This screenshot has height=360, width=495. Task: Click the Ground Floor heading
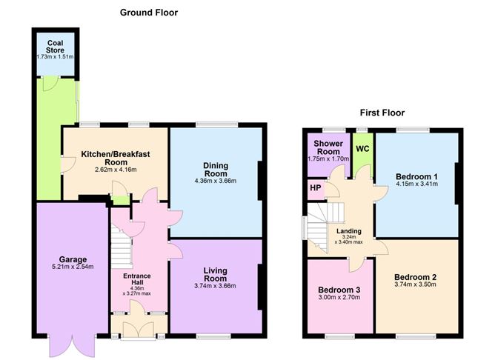pos(149,13)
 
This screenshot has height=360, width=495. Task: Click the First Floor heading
pos(382,113)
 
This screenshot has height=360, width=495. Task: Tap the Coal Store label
pos(56,47)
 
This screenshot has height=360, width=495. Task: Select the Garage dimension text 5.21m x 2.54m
pos(73,267)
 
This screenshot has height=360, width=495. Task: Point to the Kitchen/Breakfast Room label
pos(116,158)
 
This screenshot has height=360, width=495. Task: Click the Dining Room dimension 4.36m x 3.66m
pos(216,181)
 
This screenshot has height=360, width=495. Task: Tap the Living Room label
pos(216,275)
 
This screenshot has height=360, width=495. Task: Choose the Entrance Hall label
pos(136,279)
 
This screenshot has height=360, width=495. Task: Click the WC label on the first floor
pos(362,149)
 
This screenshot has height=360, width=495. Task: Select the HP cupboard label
pos(316,187)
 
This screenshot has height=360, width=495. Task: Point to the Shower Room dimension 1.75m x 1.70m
pos(328,159)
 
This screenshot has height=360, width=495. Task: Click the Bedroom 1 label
pos(416,176)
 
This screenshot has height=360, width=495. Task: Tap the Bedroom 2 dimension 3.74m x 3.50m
pos(415,284)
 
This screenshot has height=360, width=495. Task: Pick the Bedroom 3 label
pos(339,290)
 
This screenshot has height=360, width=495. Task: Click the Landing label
pos(348,231)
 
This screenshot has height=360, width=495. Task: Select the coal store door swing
pos(50,84)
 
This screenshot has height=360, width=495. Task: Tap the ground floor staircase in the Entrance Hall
pos(122,246)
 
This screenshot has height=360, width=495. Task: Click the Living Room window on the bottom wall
pos(213,337)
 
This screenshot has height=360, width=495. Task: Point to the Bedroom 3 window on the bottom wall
pos(339,337)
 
